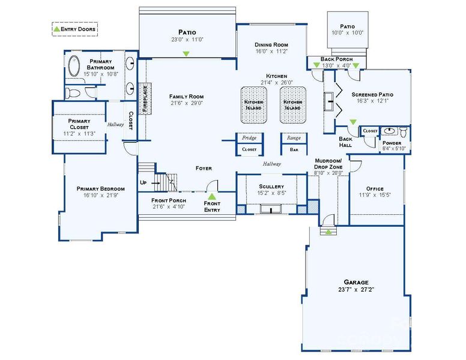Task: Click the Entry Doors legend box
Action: coord(74,28)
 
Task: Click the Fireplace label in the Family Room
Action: coord(145,98)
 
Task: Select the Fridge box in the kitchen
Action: coord(249,137)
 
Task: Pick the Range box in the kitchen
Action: coord(294,137)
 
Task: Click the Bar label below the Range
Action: coord(294,149)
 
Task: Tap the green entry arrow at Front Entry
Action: coord(211,196)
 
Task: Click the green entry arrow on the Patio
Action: coord(186,54)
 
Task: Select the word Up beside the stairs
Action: coord(143,182)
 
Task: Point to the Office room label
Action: coord(371,188)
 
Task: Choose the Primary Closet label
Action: coord(79,124)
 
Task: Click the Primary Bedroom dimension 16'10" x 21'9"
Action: coord(100,195)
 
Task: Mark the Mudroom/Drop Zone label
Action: coord(328,164)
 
